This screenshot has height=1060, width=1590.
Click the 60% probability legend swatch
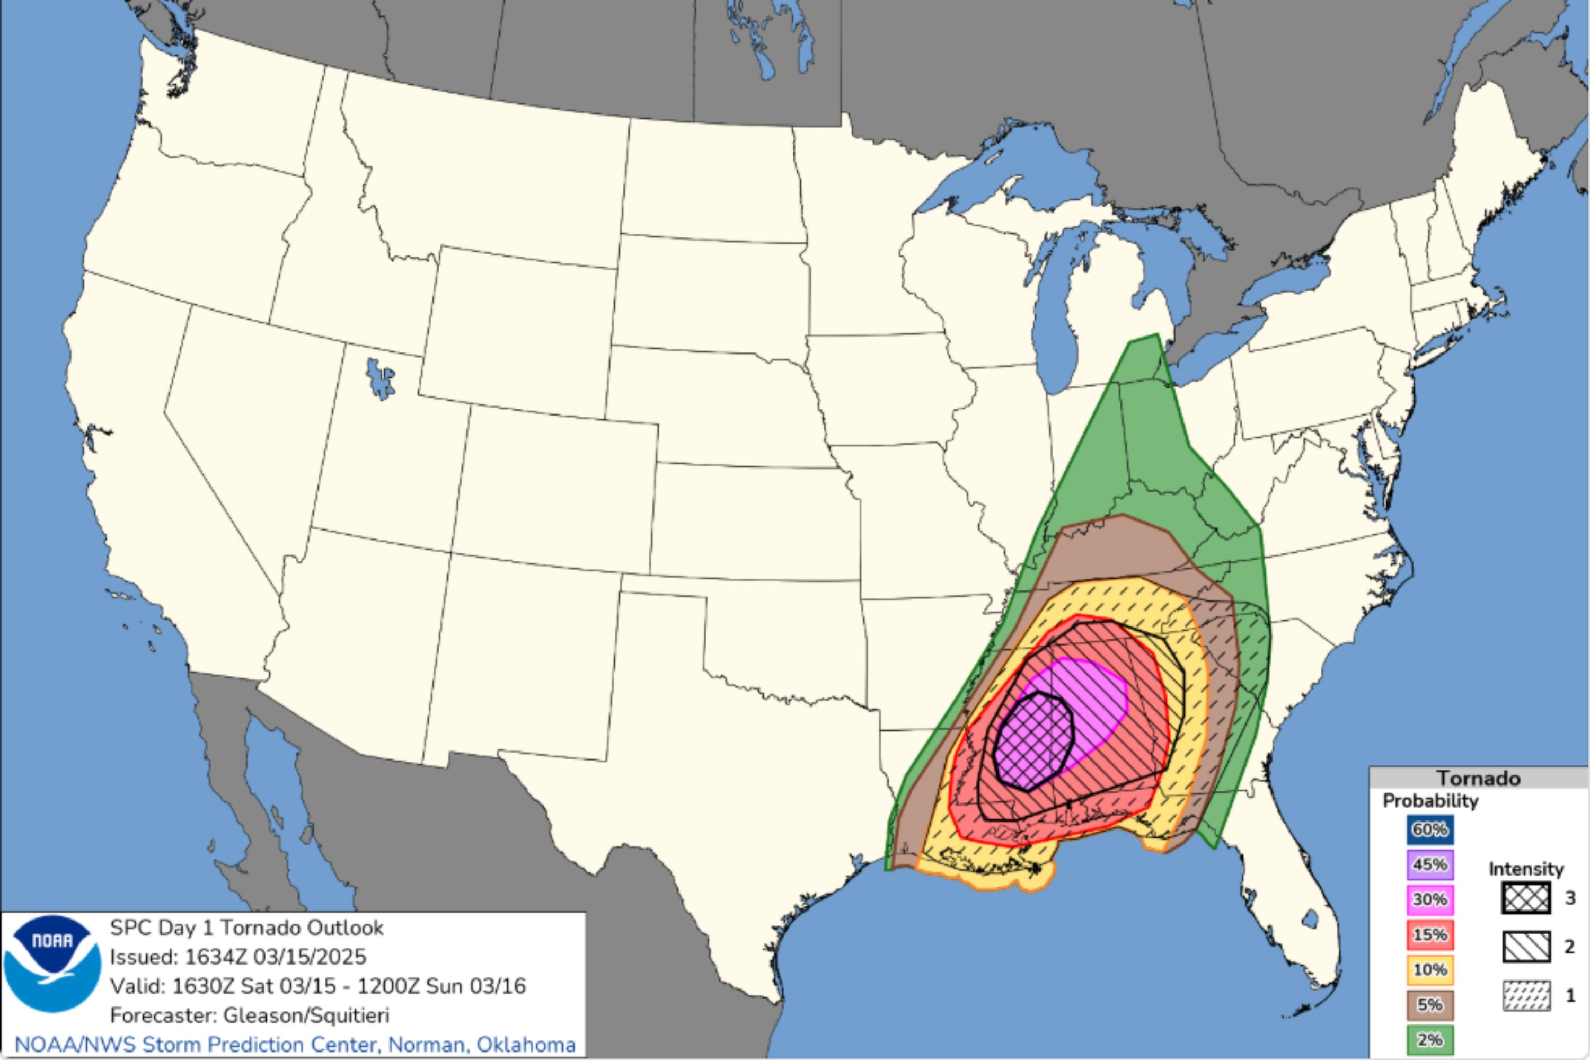pos(1430,830)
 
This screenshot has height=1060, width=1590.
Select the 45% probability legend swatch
pos(1430,864)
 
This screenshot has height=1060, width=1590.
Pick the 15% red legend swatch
pos(1430,935)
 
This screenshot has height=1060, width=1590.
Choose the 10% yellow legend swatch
pos(1430,970)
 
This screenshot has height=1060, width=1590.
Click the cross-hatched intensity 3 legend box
pos(1526,898)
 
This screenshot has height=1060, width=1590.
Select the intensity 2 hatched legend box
pos(1526,947)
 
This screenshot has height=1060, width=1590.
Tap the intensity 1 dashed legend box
pos(1526,996)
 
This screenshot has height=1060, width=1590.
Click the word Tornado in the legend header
pos(1479,778)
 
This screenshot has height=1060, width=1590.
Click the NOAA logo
pos(52,964)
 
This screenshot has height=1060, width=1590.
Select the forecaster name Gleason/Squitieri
pos(306,1015)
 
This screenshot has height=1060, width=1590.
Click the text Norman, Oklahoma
pos(482,1045)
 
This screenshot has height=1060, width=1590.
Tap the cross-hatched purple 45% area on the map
pos(1033,741)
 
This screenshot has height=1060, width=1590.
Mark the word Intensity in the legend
pos(1526,869)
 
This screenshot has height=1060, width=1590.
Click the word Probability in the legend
pos(1430,801)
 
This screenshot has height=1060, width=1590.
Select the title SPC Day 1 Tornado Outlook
pos(247,927)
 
